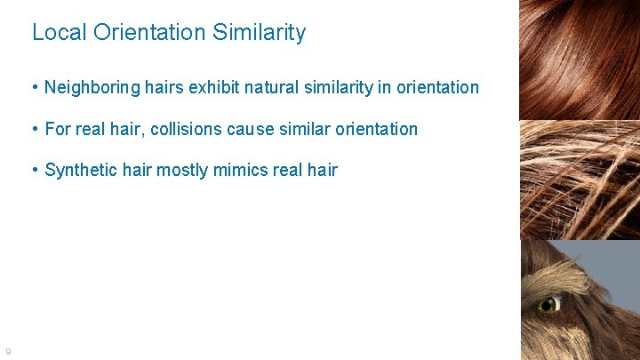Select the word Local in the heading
58,33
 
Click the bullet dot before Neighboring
34,88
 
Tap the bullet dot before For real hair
34,129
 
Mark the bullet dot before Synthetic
34,170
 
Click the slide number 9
7,351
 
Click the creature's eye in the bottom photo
548,304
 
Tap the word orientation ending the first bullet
438,88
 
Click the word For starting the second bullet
58,129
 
